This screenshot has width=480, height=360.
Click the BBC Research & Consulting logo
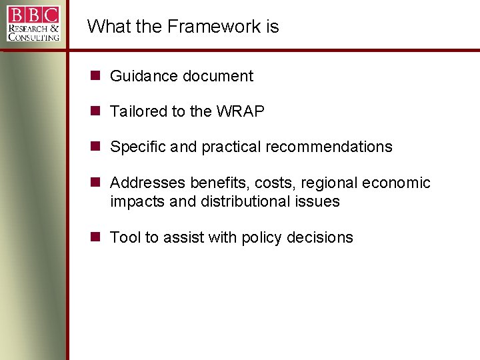click(34, 23)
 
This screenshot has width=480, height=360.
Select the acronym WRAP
click(240, 111)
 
